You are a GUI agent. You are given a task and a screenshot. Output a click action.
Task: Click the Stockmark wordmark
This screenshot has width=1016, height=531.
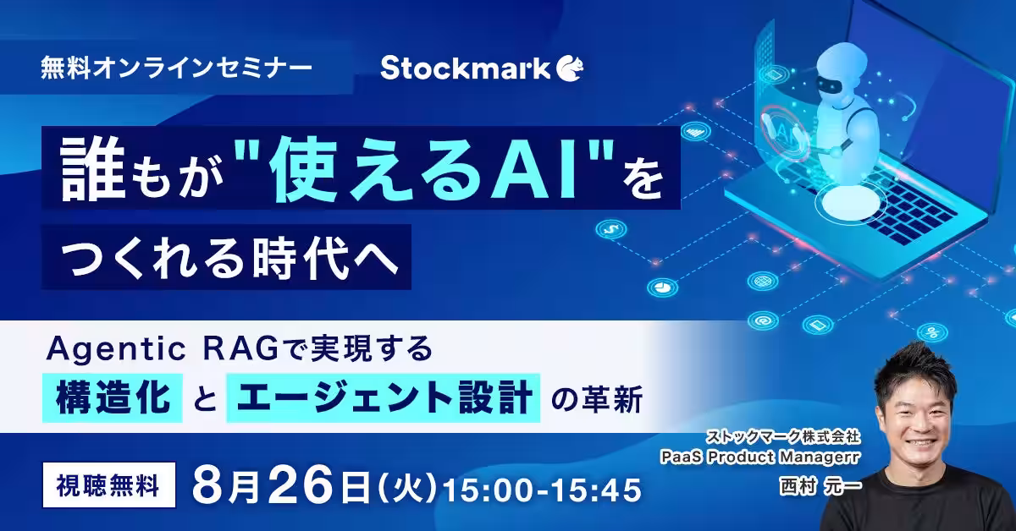click(x=466, y=68)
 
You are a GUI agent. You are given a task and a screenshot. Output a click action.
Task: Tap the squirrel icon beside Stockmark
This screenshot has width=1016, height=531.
click(x=570, y=68)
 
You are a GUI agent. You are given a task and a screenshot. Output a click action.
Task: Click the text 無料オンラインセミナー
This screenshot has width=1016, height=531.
click(x=176, y=68)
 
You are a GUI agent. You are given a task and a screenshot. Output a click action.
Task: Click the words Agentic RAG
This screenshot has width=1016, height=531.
click(x=162, y=349)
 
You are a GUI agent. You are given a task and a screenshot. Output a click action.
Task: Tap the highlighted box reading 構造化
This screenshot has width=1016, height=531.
click(x=113, y=397)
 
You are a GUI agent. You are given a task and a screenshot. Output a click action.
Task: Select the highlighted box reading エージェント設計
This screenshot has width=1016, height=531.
click(x=384, y=397)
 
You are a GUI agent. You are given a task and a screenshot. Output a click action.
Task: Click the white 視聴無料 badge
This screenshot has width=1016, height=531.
click(x=109, y=484)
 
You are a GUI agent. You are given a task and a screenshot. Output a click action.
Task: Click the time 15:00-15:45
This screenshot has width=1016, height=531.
click(x=542, y=490)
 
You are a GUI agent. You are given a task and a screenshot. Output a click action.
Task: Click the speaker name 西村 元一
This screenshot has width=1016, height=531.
click(x=820, y=486)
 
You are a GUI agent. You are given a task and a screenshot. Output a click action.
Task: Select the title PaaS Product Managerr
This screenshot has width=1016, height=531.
click(x=760, y=457)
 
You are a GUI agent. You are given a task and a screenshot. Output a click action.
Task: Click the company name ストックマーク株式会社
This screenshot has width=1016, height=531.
click(x=783, y=436)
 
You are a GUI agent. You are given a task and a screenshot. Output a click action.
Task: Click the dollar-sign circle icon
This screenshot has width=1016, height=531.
click(x=611, y=229)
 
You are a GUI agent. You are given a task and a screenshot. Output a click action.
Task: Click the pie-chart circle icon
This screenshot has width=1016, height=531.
click(x=663, y=287)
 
